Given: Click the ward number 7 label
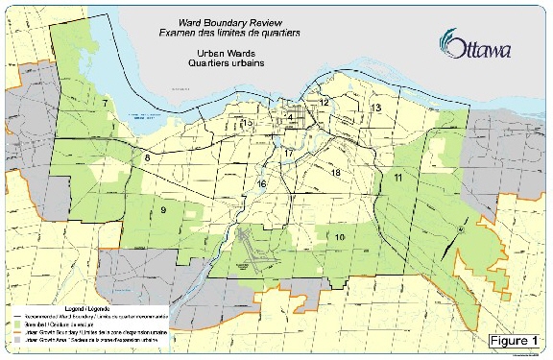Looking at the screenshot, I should (105, 102).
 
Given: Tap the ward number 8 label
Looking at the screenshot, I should (147, 157).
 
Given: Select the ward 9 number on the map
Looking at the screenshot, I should (163, 210).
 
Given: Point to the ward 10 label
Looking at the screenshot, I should (340, 237).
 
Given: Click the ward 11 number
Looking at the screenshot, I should (397, 179).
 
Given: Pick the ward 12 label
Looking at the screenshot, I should (325, 102).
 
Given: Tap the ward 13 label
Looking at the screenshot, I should (377, 108).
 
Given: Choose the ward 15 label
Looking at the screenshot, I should (248, 123).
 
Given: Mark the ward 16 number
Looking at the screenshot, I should (261, 183).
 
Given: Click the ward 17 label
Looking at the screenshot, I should (288, 154).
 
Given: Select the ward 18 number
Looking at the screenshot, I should (335, 173).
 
